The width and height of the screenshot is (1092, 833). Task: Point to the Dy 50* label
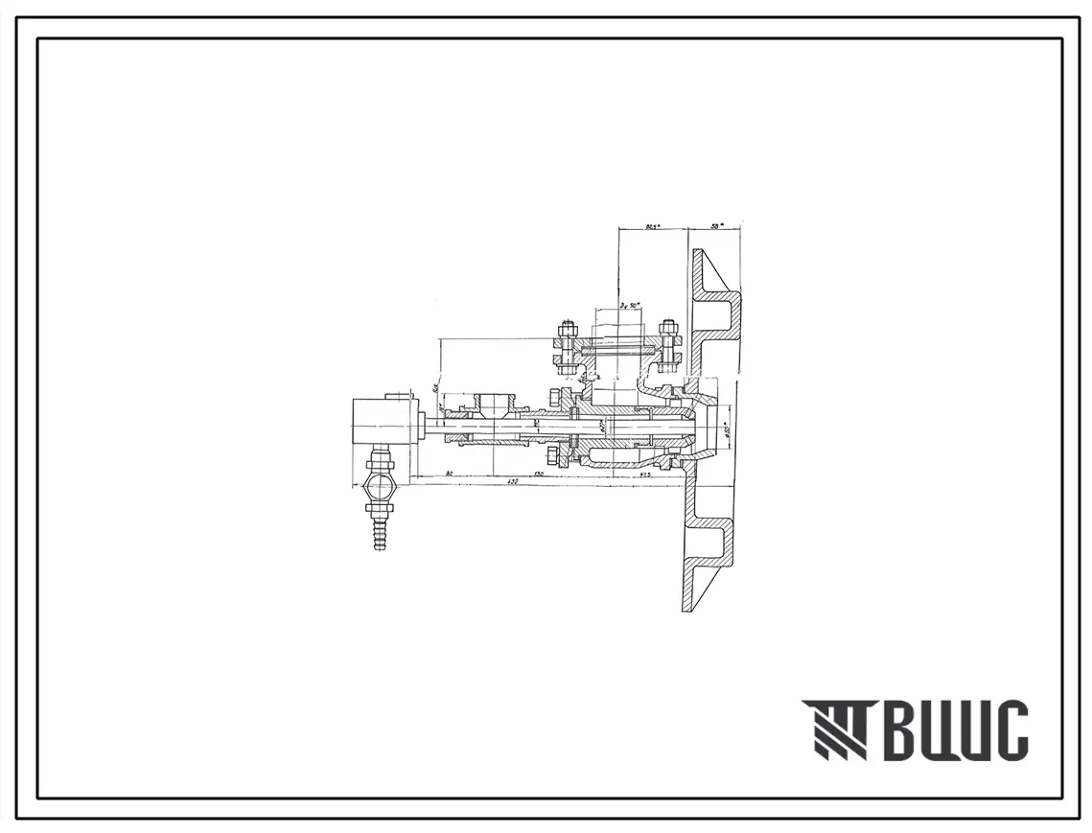[x=629, y=306]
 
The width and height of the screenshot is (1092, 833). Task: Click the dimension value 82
[x=449, y=474]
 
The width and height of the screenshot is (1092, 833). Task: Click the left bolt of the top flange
[x=566, y=347]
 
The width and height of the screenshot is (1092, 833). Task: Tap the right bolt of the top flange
[x=669, y=345]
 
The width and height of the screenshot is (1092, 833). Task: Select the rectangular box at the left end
[x=385, y=421]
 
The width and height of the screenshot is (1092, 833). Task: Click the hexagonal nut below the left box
[x=381, y=486]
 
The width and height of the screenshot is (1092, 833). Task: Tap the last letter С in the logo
[x=1009, y=729]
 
